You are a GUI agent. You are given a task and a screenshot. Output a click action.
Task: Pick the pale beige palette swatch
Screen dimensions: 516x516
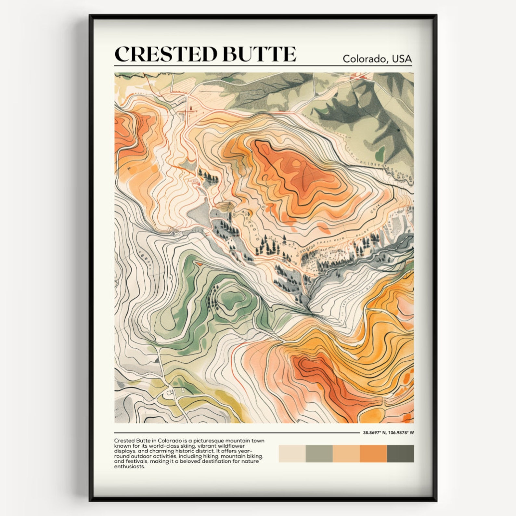pos(292,453)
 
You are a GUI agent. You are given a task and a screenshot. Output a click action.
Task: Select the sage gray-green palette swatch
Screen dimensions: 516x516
pos(319,453)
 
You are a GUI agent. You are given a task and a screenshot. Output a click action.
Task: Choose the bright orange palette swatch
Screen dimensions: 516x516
pos(373,453)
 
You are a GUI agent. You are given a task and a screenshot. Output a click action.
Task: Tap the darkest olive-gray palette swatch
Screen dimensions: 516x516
pos(400,453)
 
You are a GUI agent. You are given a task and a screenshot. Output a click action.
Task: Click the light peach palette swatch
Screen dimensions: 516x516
pos(346,453)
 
